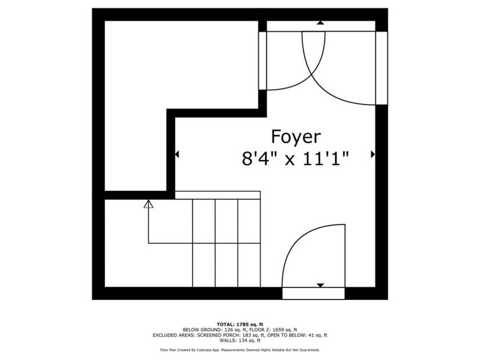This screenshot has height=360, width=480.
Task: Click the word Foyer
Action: pos(295,137)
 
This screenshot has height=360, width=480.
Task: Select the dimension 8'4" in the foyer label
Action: pos(260,158)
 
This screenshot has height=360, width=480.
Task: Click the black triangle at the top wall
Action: pos(321,23)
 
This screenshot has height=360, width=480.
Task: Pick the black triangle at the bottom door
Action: pos(321,285)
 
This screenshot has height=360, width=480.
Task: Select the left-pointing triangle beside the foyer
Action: pos(177,154)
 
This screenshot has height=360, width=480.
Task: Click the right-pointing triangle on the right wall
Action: pos(373,154)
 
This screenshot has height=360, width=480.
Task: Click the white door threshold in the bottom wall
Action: pos(314,294)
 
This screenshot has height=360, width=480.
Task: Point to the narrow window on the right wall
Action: pos(382,68)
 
